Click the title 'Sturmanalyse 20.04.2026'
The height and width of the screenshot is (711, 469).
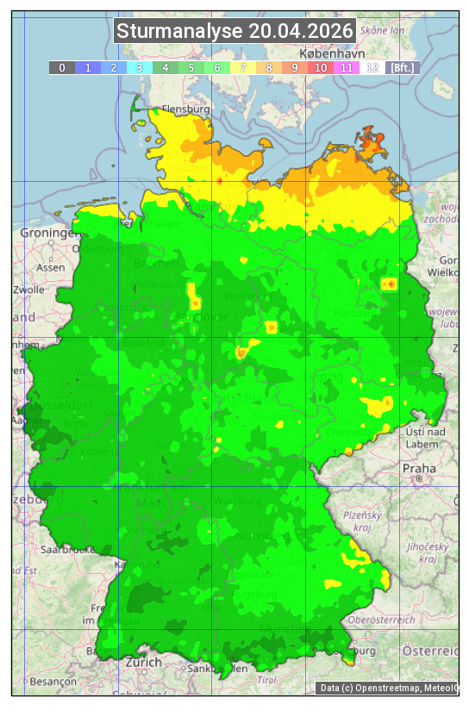[x=234, y=32]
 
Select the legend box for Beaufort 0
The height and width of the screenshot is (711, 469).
[x=61, y=67]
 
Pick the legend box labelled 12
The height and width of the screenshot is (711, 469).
[x=372, y=67]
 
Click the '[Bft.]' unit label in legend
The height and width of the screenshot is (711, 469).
[x=402, y=67]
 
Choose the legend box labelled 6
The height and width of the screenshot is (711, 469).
[x=216, y=67]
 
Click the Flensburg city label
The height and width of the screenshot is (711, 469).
[x=185, y=110]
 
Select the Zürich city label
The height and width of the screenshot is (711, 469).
[x=143, y=662]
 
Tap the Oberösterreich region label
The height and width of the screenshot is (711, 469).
[x=405, y=619]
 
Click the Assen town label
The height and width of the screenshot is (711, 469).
[x=51, y=267]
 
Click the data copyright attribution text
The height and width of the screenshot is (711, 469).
[x=388, y=688]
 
